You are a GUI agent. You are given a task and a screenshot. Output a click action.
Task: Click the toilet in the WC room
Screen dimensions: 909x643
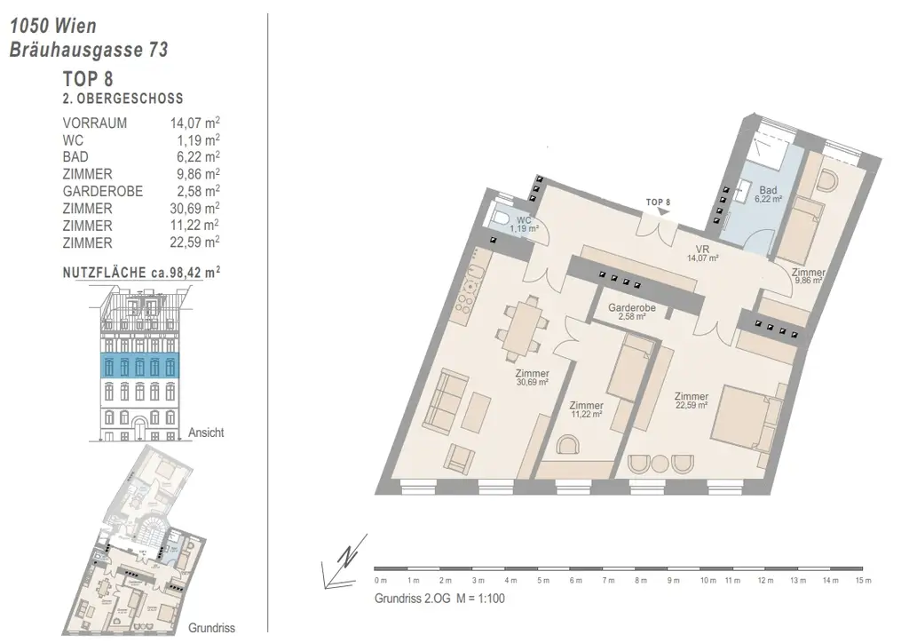click(501, 218)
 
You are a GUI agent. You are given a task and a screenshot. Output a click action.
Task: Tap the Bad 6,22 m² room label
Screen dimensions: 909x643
click(768, 194)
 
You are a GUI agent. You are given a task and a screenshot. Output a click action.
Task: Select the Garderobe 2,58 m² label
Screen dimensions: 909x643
click(632, 312)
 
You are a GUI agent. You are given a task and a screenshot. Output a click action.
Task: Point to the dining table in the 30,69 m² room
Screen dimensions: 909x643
click(522, 327)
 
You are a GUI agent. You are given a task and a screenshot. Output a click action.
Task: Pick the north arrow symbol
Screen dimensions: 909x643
click(345, 560)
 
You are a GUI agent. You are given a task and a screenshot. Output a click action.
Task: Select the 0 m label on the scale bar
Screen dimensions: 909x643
click(380, 580)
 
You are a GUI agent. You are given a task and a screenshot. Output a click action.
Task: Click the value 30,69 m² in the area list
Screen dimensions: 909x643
click(194, 208)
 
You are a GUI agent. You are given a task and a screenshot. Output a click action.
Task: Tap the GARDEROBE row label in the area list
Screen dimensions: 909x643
click(103, 191)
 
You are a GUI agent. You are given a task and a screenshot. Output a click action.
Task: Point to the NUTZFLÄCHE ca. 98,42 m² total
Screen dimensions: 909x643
click(141, 273)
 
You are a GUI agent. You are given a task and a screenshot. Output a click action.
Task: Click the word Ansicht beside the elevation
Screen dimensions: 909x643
click(206, 433)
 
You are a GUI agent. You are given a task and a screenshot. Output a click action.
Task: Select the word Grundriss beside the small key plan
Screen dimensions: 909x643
click(211, 628)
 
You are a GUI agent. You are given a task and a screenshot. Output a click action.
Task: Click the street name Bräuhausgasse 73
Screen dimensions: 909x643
click(89, 50)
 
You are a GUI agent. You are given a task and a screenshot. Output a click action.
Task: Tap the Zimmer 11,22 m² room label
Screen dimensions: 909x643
click(586, 410)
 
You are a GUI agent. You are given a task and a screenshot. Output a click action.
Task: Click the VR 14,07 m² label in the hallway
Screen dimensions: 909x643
click(703, 254)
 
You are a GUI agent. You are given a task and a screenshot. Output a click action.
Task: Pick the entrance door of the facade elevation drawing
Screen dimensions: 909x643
click(139, 430)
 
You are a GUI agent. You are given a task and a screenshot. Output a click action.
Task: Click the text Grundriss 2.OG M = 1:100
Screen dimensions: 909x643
click(439, 599)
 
